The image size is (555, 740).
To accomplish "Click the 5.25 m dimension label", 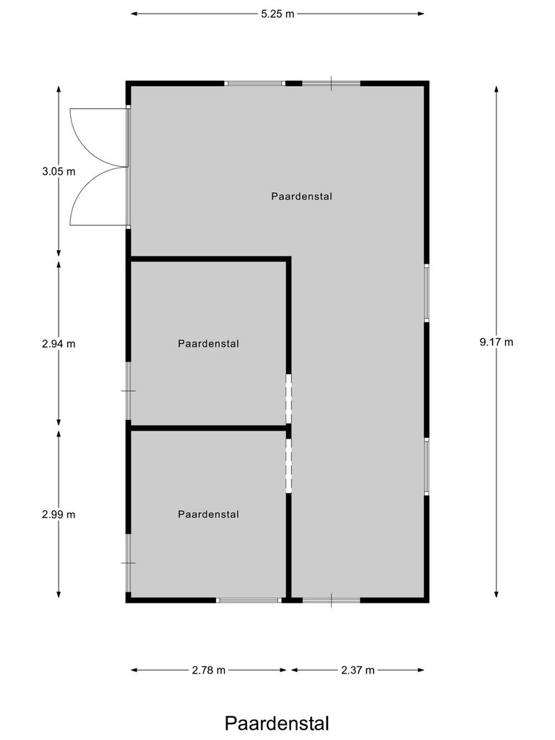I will (x=278, y=14).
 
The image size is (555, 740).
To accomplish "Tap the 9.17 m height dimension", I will (x=496, y=343).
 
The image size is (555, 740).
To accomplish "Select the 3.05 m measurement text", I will (x=59, y=172).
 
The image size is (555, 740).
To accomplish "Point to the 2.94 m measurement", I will (x=59, y=344).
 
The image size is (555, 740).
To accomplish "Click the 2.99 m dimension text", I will (x=59, y=515).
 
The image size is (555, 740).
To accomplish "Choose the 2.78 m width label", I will (x=209, y=670).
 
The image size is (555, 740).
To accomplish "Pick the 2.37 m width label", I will (x=358, y=670).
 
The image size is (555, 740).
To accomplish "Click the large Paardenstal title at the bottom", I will (x=277, y=723).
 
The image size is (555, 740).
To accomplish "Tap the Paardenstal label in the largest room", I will (x=302, y=196).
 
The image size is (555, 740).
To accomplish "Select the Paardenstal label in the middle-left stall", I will (x=208, y=344).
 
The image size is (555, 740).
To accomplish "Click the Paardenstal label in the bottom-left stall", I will (x=208, y=515).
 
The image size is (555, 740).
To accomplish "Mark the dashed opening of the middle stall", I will (x=288, y=398).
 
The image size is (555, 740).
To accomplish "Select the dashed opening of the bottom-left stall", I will (x=288, y=465).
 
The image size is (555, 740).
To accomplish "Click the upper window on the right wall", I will (x=427, y=293).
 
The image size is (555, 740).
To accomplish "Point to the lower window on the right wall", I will (x=427, y=466).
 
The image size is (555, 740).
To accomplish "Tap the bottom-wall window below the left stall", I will (x=249, y=600).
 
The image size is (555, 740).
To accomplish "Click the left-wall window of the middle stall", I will (x=129, y=391).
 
